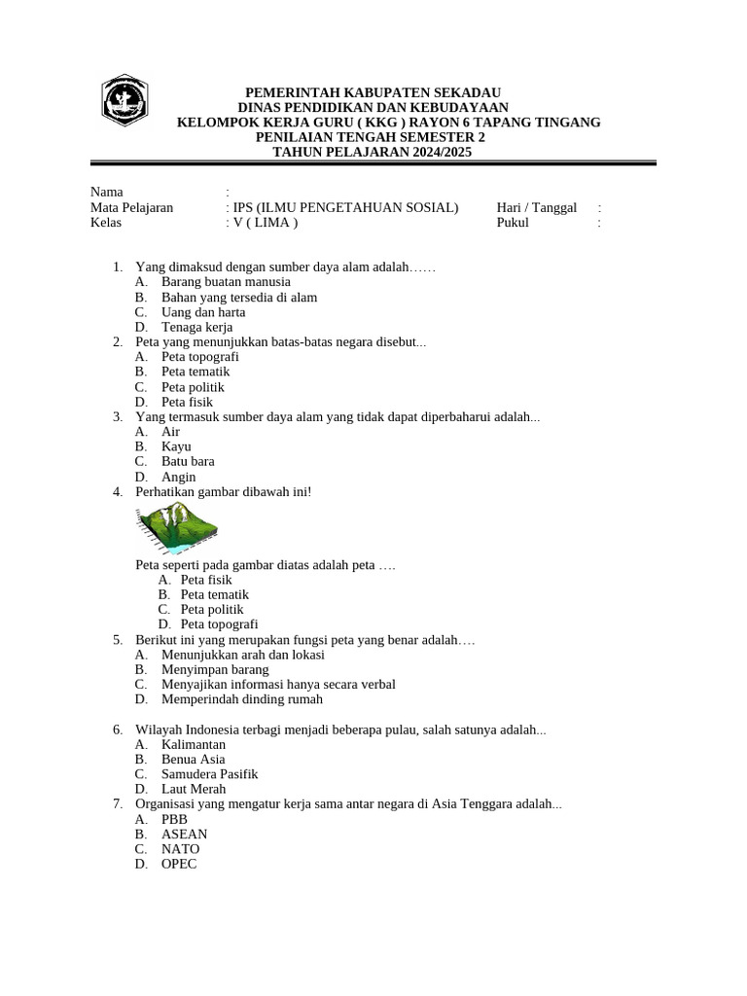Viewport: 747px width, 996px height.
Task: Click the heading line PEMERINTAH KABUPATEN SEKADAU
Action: [x=373, y=91]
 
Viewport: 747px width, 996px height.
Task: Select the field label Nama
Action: [x=107, y=192]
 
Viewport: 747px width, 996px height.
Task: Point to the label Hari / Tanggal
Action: [x=537, y=207]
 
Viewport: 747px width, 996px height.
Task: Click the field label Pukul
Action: [x=513, y=223]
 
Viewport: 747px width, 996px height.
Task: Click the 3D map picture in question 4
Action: [x=178, y=529]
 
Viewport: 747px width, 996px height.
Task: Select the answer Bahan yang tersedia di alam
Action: [x=239, y=297]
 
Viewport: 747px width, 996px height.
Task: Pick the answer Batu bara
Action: [x=188, y=461]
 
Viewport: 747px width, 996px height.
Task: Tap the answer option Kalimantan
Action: [x=194, y=744]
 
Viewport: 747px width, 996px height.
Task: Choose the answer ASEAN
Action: [x=184, y=834]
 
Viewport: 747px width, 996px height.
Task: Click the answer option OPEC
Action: [x=179, y=864]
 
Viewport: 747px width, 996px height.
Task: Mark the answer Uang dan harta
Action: [x=203, y=312]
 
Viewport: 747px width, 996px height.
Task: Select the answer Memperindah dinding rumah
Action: [x=242, y=699]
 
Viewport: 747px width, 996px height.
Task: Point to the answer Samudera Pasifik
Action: [x=209, y=774]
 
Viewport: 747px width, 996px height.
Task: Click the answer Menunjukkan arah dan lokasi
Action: [x=242, y=655]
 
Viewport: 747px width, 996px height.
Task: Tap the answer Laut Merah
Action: [x=194, y=789]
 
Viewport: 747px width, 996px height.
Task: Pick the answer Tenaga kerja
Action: [x=197, y=327]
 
